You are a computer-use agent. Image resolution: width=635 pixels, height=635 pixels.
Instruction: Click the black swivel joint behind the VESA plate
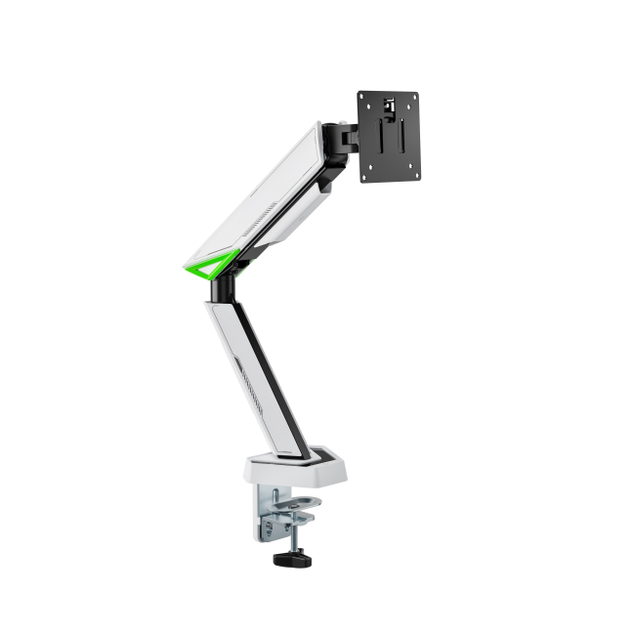344,137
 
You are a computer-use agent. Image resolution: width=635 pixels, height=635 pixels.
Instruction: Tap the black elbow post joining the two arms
225,286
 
